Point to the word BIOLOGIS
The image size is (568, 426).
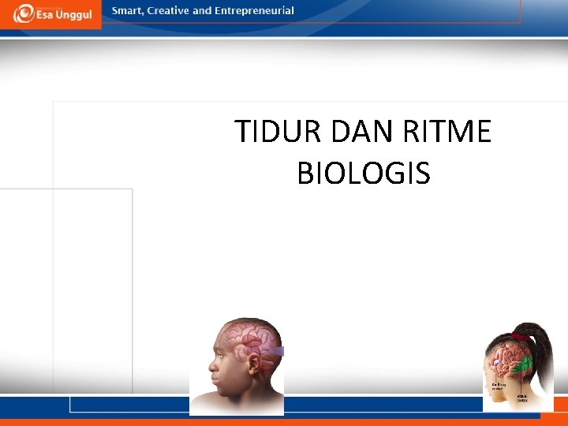(364, 173)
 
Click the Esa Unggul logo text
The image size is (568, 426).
(62, 15)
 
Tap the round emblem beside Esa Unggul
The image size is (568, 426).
(24, 13)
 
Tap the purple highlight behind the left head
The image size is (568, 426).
(276, 351)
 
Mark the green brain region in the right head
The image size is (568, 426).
(524, 364)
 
